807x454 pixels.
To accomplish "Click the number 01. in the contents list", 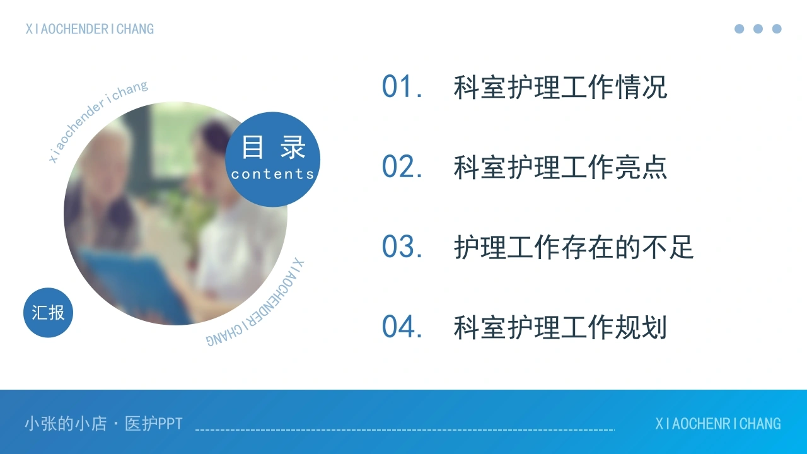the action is coord(402,86).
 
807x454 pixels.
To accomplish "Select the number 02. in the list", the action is coord(402,166).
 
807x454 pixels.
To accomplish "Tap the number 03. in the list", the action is coord(402,247).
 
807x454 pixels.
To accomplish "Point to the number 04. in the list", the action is coord(402,327).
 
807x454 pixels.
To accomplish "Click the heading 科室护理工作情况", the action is coord(560,87).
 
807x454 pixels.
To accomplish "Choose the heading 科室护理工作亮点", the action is coord(560,167).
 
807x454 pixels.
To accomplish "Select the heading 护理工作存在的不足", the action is coord(574,247).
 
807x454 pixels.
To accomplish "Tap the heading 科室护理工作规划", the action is coord(560,327).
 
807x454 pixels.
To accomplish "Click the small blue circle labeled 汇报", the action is coord(49,312).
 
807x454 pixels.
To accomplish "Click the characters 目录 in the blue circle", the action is coord(274,147).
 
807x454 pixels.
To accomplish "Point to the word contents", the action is coord(273,175).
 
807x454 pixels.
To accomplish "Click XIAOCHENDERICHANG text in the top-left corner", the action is coord(90,29).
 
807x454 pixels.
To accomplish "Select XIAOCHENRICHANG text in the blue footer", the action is coord(718,424).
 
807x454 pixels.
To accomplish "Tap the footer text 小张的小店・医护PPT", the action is coord(104,424).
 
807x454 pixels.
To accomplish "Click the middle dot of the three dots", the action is coord(758,29).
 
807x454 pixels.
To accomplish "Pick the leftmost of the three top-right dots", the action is coord(740,29).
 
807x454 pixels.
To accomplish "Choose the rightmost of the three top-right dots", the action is coord(777,29).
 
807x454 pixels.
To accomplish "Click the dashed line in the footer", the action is coord(405,429).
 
